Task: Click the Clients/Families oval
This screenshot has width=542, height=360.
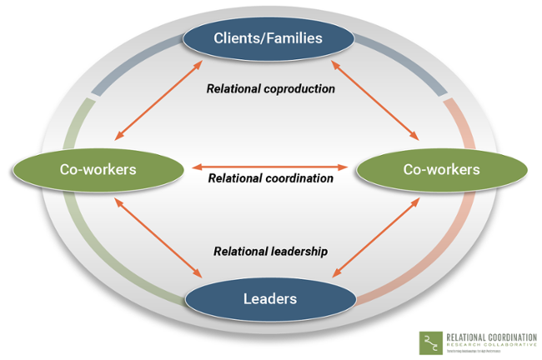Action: coord(268,37)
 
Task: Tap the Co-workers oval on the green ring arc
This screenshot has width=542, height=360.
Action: coord(98,169)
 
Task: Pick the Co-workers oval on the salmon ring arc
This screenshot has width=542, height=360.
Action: coord(441,169)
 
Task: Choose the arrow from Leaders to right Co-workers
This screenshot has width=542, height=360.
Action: coord(376,236)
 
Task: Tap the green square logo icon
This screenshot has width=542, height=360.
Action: coord(429,342)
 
